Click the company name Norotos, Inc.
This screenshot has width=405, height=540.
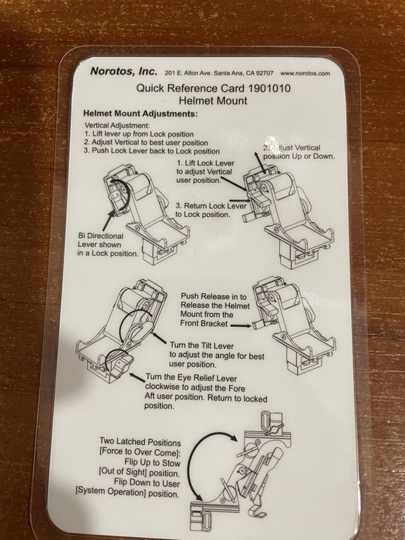[123, 71]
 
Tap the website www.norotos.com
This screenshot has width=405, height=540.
[305, 73]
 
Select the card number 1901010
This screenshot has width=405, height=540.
[269, 88]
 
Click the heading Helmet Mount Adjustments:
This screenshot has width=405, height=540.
[140, 113]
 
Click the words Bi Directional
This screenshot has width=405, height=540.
[100, 236]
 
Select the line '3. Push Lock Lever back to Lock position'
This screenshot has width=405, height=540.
[151, 151]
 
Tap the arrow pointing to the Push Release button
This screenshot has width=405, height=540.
[241, 326]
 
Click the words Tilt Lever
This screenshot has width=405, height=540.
[216, 346]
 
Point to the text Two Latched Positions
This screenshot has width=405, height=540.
[140, 441]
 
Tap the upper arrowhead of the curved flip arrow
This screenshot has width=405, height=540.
[234, 437]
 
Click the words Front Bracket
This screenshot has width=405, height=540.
[204, 323]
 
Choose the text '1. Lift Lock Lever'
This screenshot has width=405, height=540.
[206, 163]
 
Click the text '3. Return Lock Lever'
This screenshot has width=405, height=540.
[211, 206]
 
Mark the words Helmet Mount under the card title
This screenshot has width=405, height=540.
[213, 101]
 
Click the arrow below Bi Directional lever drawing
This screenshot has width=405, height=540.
[109, 218]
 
